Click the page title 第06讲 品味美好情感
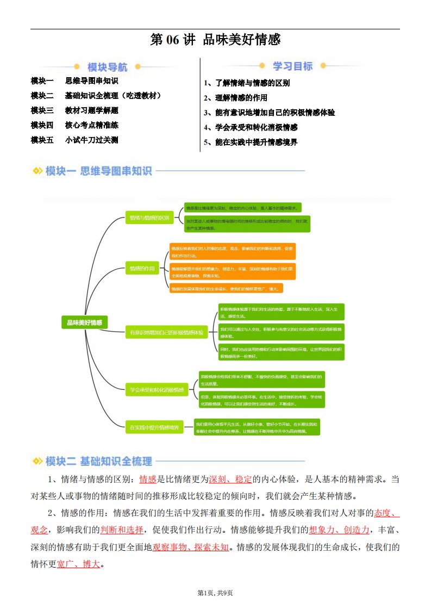pyautogui.click(x=215, y=40)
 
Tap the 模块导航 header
pyautogui.click(x=108, y=67)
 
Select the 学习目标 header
pyautogui.click(x=292, y=66)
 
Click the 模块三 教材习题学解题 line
pyautogui.click(x=74, y=110)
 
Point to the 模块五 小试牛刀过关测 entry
pyautogui.click(x=74, y=140)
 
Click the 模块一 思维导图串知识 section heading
pyautogui.click(x=93, y=171)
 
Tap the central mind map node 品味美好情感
pyautogui.click(x=84, y=322)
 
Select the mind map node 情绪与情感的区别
pyautogui.click(x=148, y=218)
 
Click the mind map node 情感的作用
pyautogui.click(x=141, y=269)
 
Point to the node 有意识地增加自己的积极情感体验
pyautogui.click(x=166, y=332)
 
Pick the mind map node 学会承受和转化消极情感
pyautogui.click(x=156, y=389)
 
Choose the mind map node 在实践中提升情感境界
pyautogui.click(x=154, y=428)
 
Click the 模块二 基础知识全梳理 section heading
pyautogui.click(x=93, y=462)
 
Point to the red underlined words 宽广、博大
pyautogui.click(x=78, y=564)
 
